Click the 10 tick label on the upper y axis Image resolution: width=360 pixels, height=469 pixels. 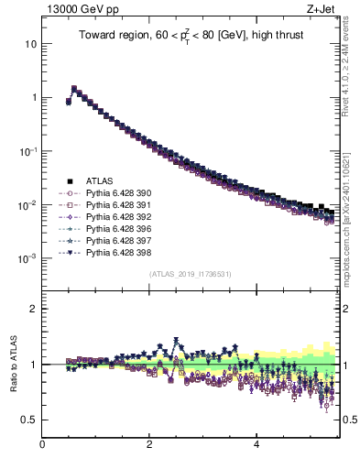pyautogui.click(x=31, y=44)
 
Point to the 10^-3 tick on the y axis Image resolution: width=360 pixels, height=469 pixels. pyautogui.click(x=27, y=258)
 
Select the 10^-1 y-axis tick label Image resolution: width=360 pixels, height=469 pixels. pyautogui.click(x=27, y=151)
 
